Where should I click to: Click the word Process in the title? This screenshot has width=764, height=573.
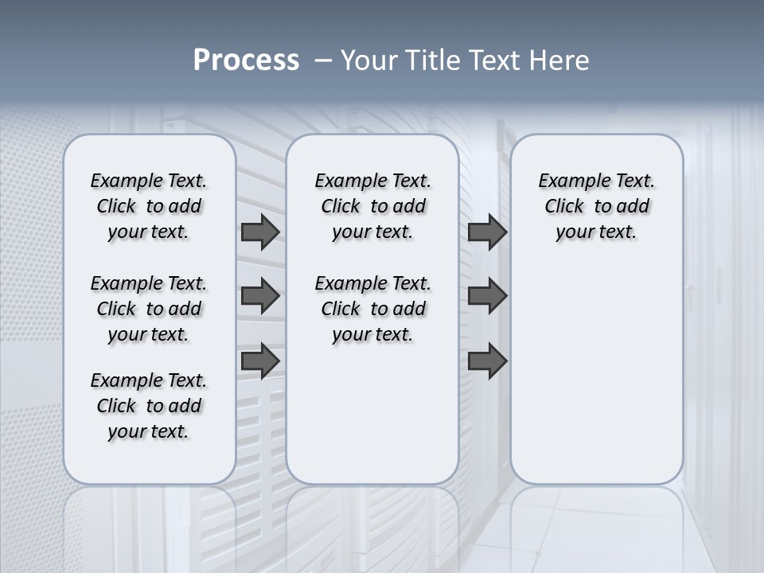[246, 60]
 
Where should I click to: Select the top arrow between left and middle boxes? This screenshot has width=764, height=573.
[259, 232]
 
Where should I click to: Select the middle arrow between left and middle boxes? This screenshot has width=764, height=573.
[259, 296]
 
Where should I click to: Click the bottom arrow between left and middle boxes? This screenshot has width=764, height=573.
[259, 361]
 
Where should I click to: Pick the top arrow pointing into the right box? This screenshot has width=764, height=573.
[487, 232]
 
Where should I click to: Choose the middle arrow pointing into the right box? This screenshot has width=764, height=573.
[487, 296]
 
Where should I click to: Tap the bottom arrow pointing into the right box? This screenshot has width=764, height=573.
[487, 361]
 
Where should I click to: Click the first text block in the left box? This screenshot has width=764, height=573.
[149, 206]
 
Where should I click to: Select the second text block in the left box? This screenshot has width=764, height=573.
[149, 309]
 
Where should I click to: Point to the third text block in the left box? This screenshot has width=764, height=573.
[149, 406]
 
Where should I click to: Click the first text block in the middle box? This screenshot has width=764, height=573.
[372, 206]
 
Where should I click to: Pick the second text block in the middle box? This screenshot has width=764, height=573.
[372, 309]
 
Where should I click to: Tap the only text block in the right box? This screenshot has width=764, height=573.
[597, 206]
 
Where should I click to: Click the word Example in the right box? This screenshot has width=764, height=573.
[570, 181]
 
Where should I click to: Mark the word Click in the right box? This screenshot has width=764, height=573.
[564, 207]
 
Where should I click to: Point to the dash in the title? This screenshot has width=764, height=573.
[323, 60]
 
